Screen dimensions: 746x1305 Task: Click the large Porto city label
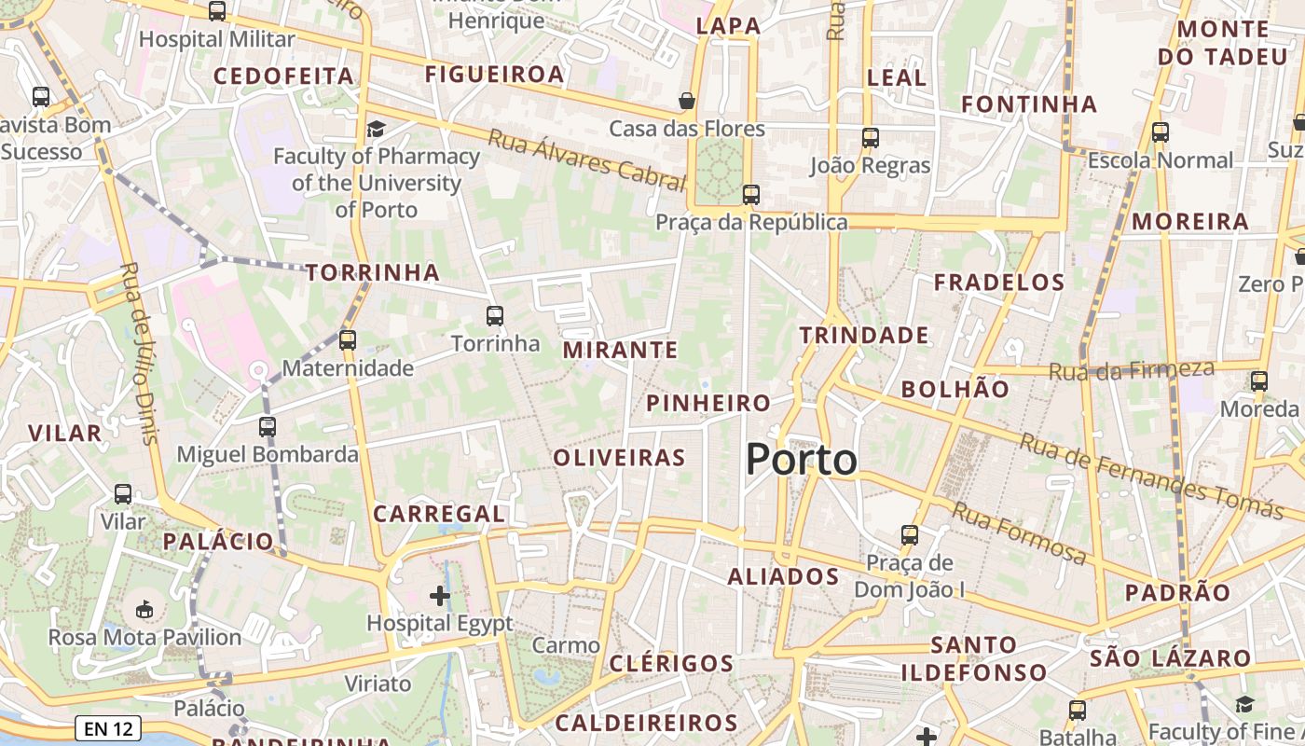tap(802, 460)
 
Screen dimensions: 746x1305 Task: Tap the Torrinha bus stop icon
tap(495, 316)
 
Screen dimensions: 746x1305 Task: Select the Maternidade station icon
tap(348, 340)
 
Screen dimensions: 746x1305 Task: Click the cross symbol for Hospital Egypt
tap(440, 595)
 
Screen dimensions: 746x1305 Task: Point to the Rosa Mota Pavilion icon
tap(144, 610)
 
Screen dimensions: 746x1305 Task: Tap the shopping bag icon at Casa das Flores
tap(687, 101)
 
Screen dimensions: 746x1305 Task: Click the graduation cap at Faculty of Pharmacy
tap(376, 129)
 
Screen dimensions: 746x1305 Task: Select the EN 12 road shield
tap(108, 729)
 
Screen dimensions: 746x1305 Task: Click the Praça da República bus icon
tap(750, 195)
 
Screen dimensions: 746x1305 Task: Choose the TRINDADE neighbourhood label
tap(864, 336)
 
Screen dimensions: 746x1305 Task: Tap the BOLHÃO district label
tap(955, 389)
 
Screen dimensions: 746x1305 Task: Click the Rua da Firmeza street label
tap(1132, 370)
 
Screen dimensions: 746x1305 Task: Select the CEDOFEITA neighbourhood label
tap(283, 76)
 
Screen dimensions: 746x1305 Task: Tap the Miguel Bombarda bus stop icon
tap(268, 427)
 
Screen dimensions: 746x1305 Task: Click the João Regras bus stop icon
tap(870, 138)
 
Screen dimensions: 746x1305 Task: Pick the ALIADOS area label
tap(783, 576)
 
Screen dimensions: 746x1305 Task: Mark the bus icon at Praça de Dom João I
tap(910, 535)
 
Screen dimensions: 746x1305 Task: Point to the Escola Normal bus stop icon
tap(1161, 132)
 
